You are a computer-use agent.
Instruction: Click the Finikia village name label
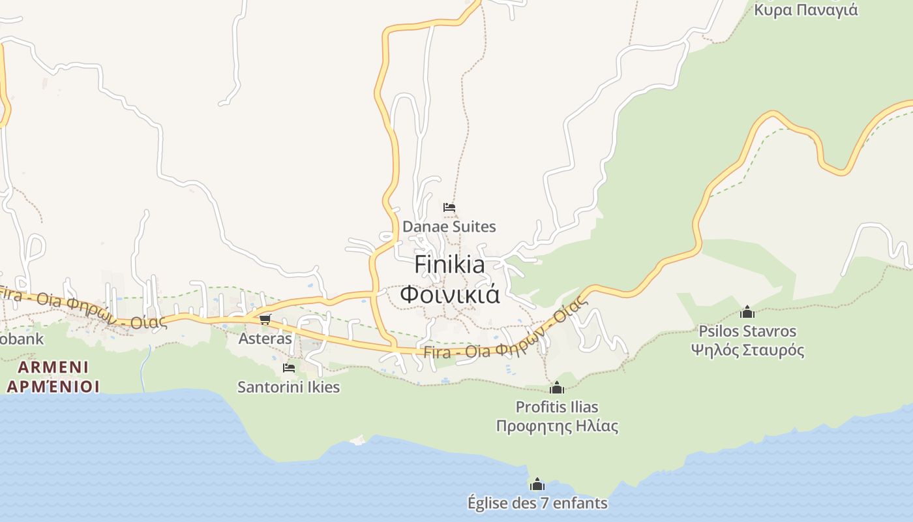point(449,265)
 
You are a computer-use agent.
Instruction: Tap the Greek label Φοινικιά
point(449,294)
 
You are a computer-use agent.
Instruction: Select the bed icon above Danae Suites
point(449,207)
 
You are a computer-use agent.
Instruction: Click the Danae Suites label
point(449,227)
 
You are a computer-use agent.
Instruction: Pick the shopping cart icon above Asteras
point(265,319)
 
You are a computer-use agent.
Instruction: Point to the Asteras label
point(265,339)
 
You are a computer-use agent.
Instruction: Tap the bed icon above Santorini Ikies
point(288,368)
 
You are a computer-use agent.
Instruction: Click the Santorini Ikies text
point(288,387)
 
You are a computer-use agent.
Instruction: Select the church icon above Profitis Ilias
point(556,388)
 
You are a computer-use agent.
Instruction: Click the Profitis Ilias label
point(556,407)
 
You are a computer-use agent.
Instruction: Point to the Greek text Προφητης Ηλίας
point(556,427)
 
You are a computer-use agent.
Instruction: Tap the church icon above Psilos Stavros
point(747,312)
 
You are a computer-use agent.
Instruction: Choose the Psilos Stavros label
point(747,331)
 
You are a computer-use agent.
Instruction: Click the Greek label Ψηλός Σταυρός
point(747,350)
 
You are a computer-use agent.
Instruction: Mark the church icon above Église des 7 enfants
point(537,484)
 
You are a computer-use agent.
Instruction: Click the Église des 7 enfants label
point(537,503)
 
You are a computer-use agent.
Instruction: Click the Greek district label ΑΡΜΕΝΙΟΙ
point(53,386)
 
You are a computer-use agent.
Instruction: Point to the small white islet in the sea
point(357,440)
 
